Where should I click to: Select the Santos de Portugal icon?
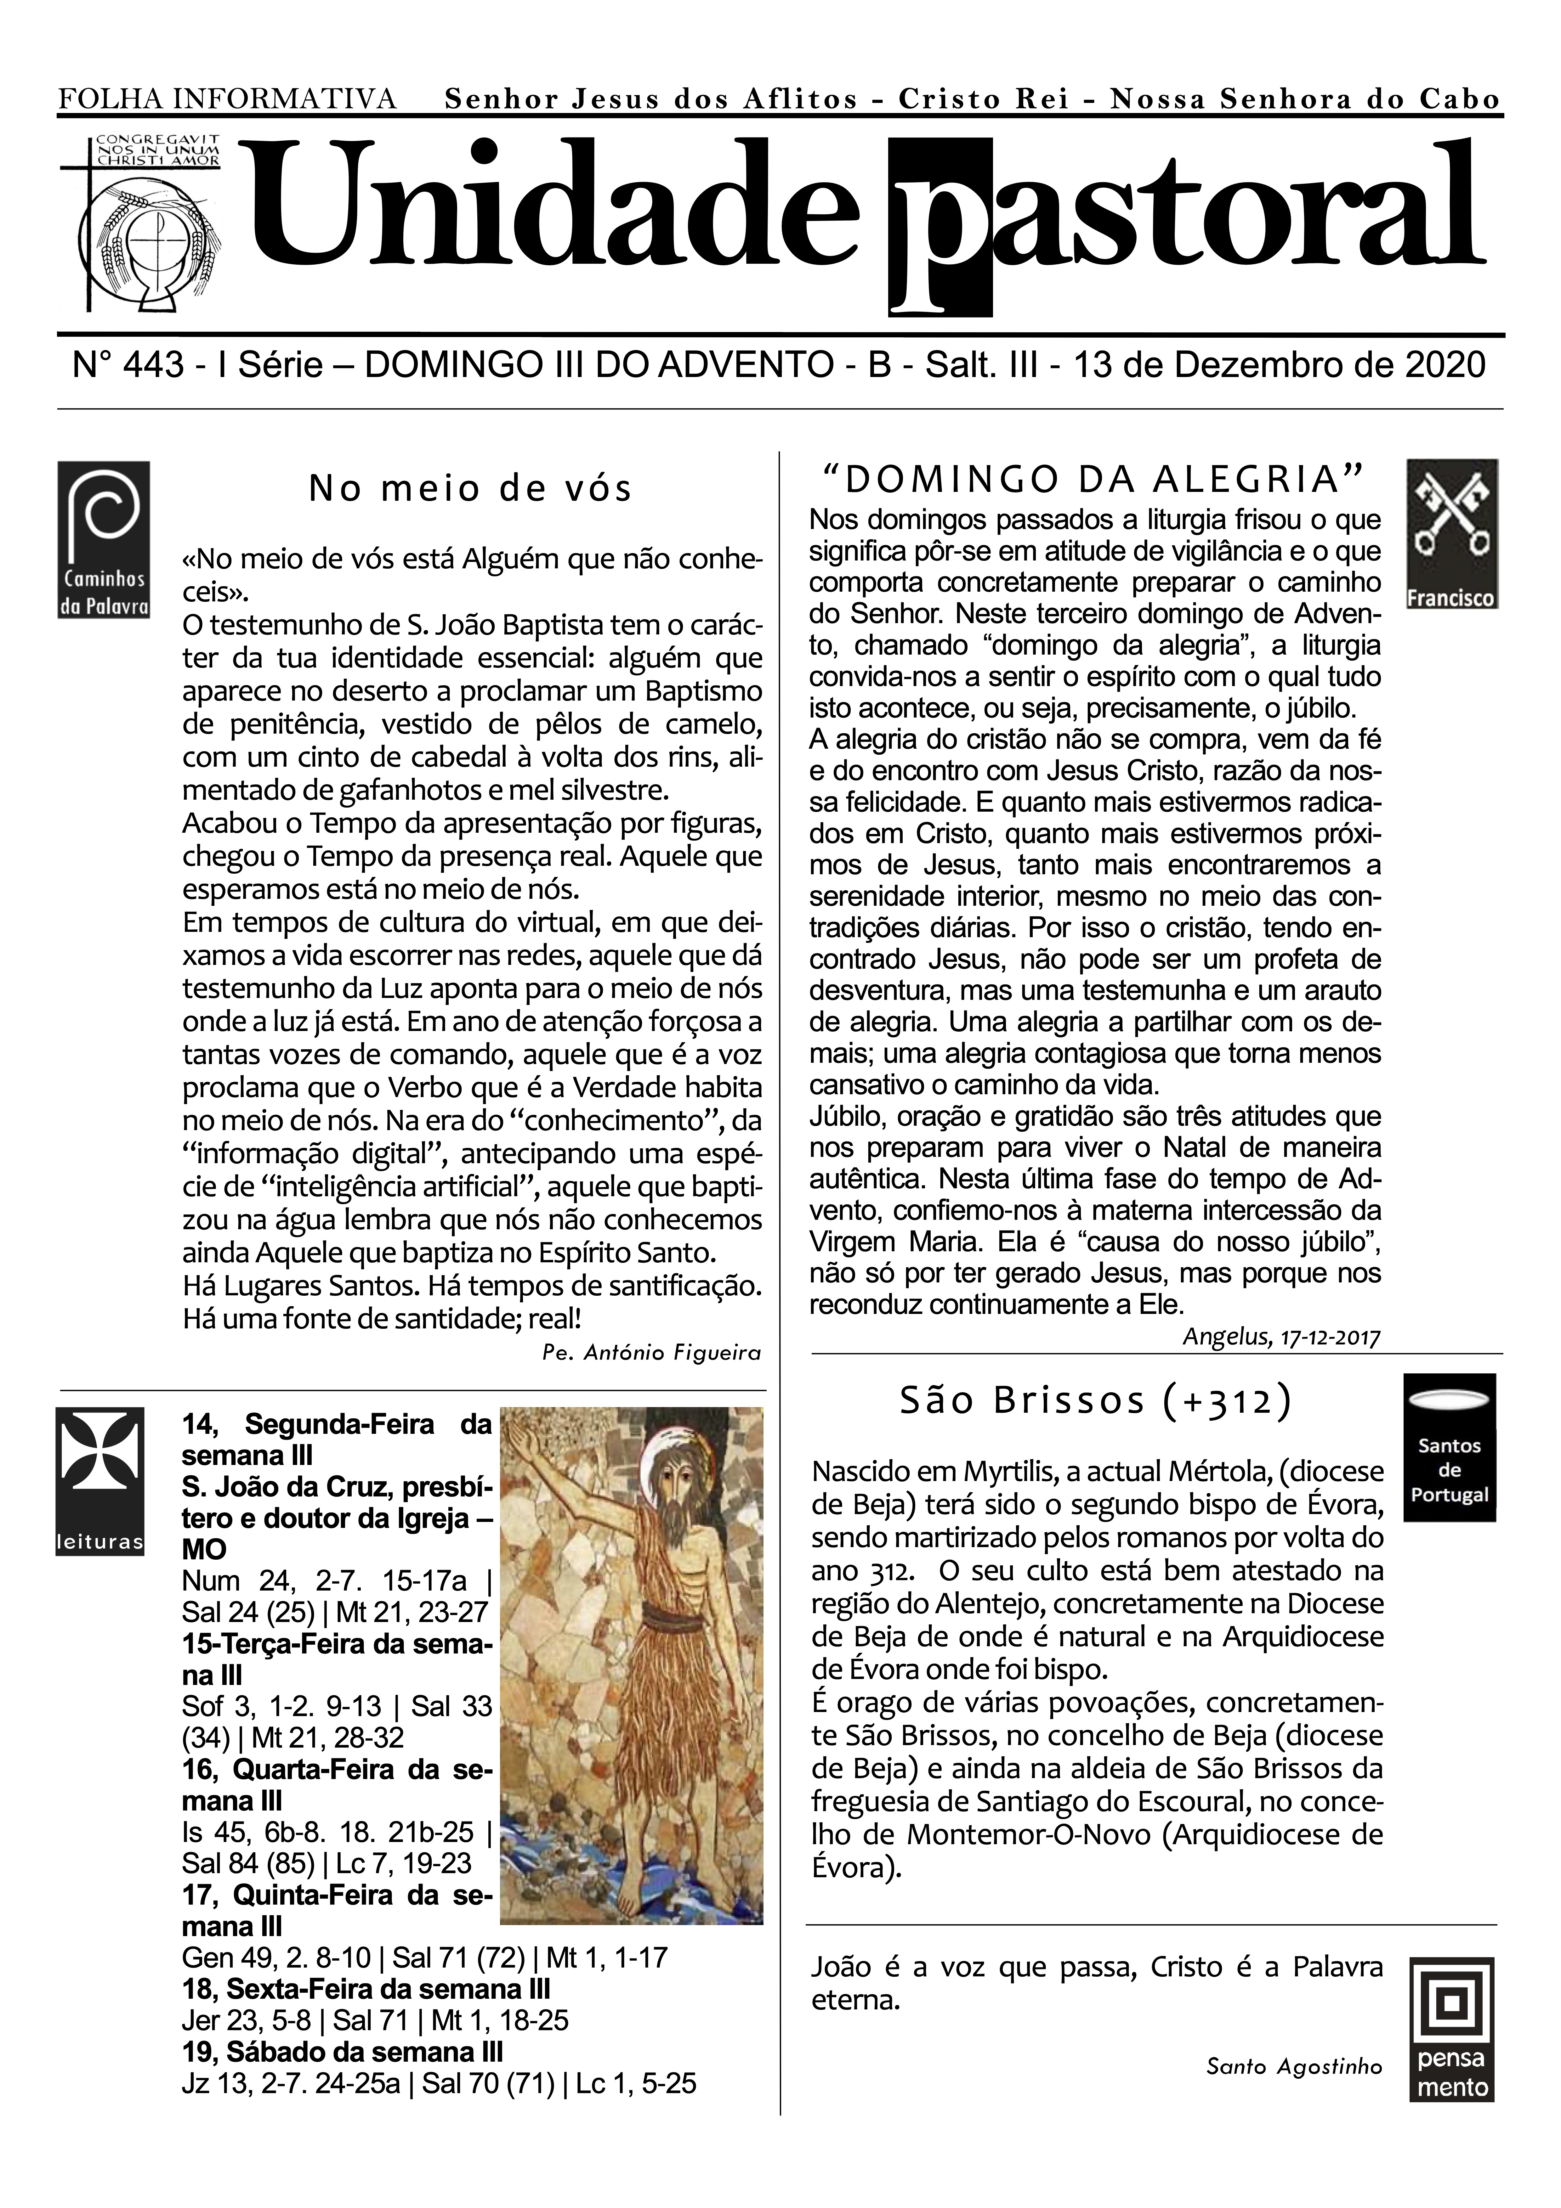point(1450,1447)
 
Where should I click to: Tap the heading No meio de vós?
point(470,488)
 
